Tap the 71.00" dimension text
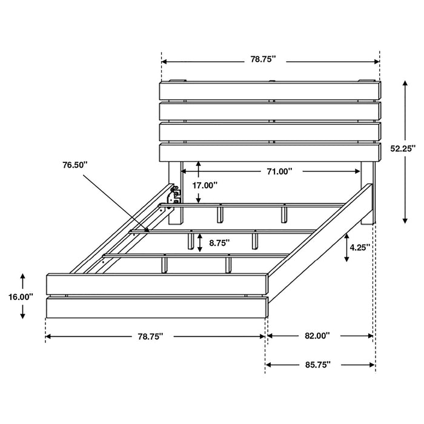pyautogui.click(x=279, y=171)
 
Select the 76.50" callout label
pyautogui.click(x=75, y=165)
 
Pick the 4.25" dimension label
pyautogui.click(x=360, y=248)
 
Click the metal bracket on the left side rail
pyautogui.click(x=176, y=194)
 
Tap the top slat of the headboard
pyautogui.click(x=270, y=91)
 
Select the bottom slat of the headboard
pyautogui.click(x=270, y=153)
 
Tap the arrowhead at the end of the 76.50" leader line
pyautogui.click(x=147, y=229)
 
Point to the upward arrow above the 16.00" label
pyautogui.click(x=22, y=278)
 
